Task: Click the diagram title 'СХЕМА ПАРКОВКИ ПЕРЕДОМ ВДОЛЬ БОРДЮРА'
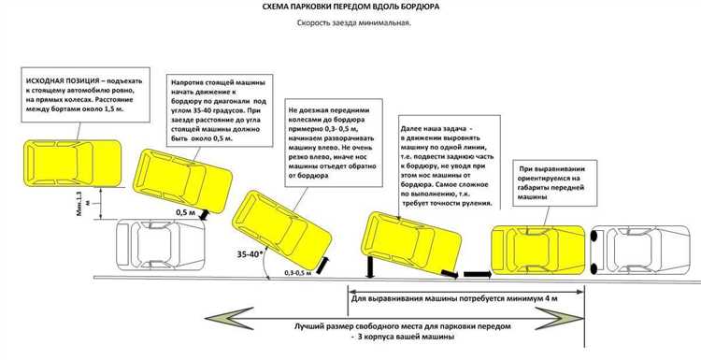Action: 350,7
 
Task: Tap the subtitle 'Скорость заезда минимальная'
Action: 353,23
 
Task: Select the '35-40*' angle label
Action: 250,254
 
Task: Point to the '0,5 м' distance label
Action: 186,213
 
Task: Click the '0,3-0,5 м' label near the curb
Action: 298,272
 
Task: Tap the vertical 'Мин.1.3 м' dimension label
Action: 83,204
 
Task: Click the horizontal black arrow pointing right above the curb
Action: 477,274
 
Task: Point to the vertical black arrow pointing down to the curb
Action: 371,267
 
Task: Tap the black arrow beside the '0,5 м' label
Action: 204,215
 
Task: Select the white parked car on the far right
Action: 639,250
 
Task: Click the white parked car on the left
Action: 161,245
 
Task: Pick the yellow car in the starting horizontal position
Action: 72,163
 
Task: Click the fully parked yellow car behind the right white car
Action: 537,250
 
